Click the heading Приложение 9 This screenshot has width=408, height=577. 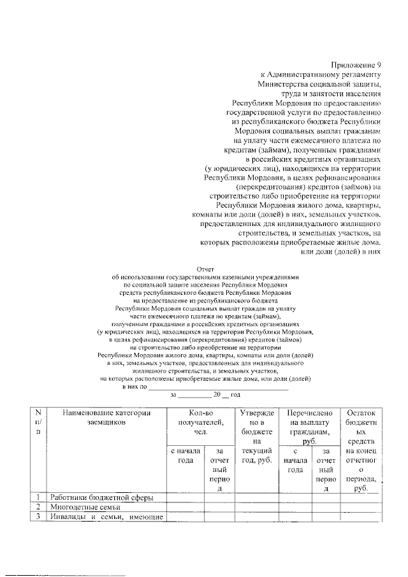tap(356, 66)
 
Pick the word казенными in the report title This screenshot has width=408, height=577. tap(252, 278)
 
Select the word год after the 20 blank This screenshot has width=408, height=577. tap(234, 395)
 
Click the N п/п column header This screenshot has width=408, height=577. tap(40, 422)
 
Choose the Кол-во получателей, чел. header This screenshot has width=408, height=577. tap(201, 422)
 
